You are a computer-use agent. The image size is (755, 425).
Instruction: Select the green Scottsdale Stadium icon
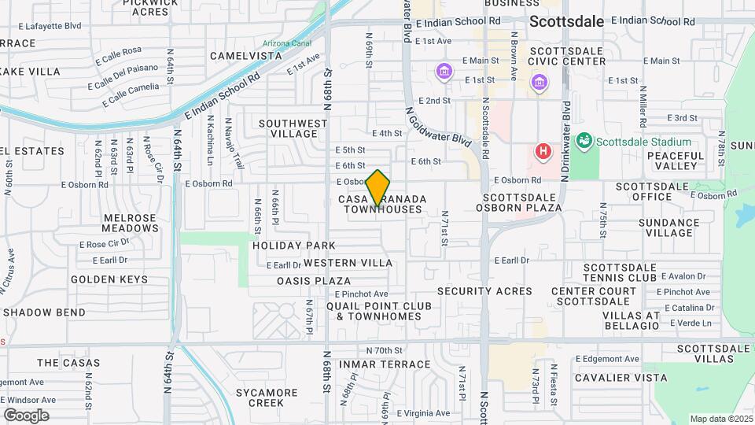pyautogui.click(x=584, y=142)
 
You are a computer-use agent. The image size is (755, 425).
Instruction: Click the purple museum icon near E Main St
pyautogui.click(x=444, y=73)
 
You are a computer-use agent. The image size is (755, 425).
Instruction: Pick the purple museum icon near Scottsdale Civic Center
pyautogui.click(x=539, y=82)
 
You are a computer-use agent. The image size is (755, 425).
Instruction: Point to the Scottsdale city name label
pyautogui.click(x=566, y=22)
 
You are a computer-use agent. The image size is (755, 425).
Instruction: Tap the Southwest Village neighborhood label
pyautogui.click(x=293, y=129)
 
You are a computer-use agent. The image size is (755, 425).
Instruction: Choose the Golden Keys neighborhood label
pyautogui.click(x=109, y=279)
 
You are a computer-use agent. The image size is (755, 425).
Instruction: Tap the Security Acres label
pyautogui.click(x=484, y=291)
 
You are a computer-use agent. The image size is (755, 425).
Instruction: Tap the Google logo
pyautogui.click(x=26, y=415)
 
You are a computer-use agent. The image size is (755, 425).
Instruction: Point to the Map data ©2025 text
pyautogui.click(x=720, y=419)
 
